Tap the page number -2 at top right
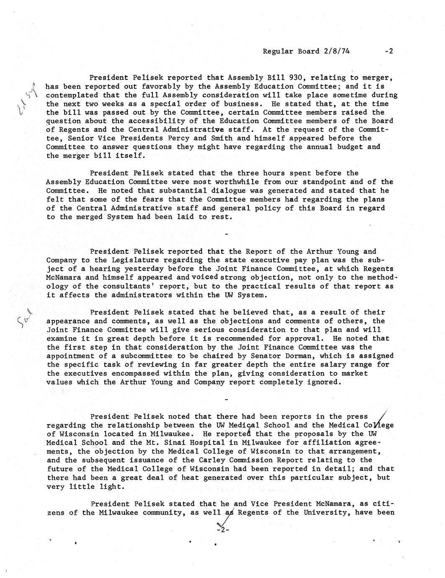(x=388, y=52)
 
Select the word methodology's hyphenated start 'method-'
(x=378, y=278)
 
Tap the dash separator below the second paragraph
(x=227, y=233)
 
